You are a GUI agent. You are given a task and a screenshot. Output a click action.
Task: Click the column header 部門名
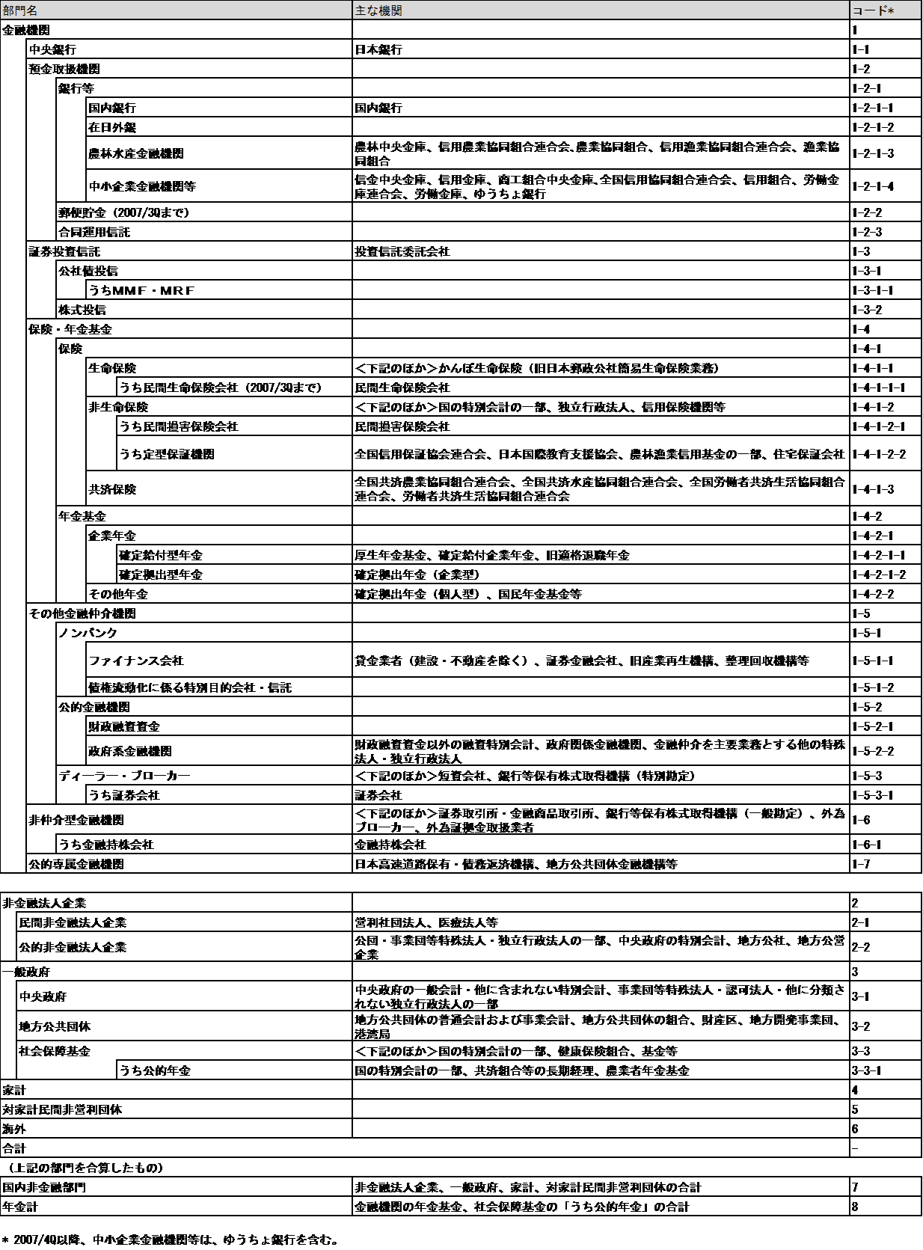pos(20,10)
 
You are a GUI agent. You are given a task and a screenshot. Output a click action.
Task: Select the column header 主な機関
pos(378,10)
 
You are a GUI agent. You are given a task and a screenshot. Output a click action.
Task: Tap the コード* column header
pos(873,10)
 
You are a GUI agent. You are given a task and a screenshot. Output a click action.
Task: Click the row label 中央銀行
pos(52,49)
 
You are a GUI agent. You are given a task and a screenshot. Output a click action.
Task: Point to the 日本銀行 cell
pos(378,49)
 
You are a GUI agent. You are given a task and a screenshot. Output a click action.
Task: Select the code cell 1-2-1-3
pos(872,153)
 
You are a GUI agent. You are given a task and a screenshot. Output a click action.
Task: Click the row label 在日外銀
pos(112,127)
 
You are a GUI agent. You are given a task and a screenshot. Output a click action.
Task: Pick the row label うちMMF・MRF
pos(141,290)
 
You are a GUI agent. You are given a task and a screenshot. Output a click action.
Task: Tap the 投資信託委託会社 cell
pos(402,251)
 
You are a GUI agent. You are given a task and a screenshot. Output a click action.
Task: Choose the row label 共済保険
pos(112,489)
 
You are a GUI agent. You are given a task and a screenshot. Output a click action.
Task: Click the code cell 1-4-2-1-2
pos(878,575)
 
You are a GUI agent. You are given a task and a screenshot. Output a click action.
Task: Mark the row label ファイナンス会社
pos(136,661)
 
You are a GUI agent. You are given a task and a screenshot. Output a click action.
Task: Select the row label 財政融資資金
pos(124,726)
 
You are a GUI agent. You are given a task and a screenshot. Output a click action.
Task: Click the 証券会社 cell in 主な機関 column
pos(378,795)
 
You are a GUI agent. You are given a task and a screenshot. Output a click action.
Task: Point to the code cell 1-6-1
pos(866,845)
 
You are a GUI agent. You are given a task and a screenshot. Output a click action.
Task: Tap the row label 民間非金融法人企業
pos(73,922)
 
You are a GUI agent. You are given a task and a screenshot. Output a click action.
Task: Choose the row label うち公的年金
pos(155,1070)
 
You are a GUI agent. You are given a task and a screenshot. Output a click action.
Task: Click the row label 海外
pos(14,1129)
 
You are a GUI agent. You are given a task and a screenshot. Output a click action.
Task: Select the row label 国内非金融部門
pos(44,1187)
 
